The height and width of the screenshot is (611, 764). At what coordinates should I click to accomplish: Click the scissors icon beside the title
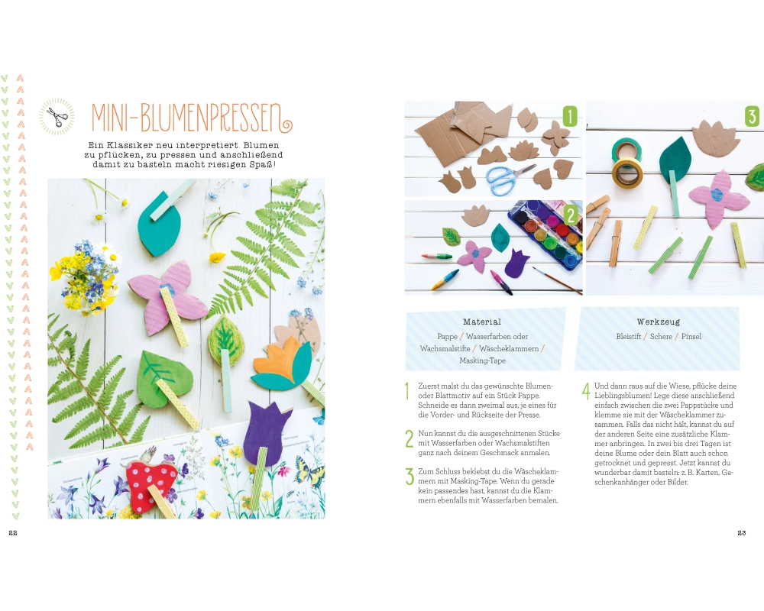(57, 116)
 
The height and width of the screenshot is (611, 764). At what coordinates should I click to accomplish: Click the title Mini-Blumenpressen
(192, 118)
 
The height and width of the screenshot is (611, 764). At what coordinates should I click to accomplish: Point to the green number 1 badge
(570, 116)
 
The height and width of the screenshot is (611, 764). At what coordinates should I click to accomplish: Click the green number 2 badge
(571, 215)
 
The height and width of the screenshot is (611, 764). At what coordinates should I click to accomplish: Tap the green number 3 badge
(752, 116)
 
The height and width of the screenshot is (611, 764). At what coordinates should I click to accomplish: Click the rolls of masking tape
(627, 162)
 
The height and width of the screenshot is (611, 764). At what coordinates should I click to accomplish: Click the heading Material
(482, 322)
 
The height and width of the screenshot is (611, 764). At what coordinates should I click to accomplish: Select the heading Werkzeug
(658, 322)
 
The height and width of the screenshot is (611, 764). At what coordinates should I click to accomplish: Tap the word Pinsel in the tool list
(691, 336)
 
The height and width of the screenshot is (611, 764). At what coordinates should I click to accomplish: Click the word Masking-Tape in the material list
(482, 360)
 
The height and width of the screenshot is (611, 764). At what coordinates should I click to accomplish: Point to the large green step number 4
(586, 391)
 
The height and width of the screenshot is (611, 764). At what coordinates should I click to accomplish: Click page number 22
(13, 533)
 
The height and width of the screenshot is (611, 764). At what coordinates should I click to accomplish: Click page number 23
(742, 533)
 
